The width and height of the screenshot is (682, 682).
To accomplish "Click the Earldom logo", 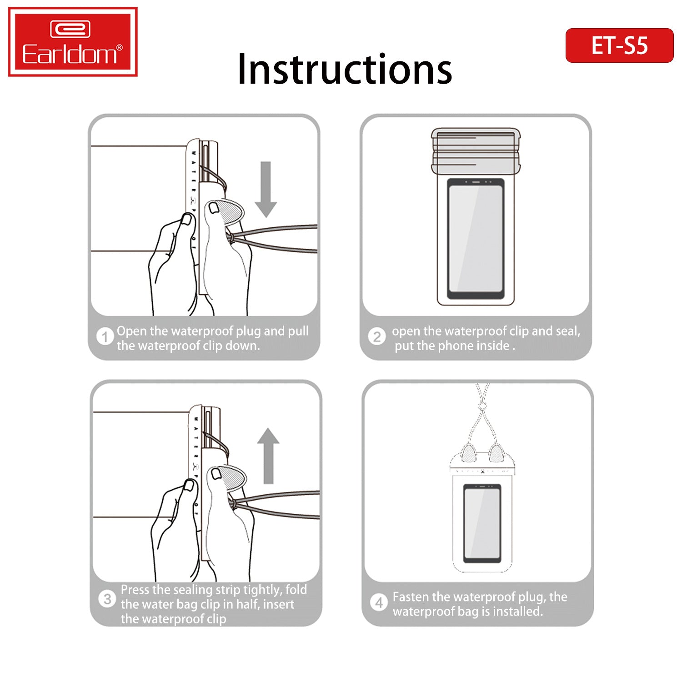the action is tap(73, 41).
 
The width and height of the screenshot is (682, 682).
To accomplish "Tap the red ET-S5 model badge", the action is tap(619, 45).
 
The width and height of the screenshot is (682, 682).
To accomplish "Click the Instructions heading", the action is tap(345, 69).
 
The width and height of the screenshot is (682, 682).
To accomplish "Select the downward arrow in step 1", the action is tap(266, 189).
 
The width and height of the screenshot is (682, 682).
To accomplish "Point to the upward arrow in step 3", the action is tap(268, 456).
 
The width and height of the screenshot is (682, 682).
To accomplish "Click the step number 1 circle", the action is tap(105, 337).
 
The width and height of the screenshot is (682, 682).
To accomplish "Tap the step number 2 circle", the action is tap(377, 337).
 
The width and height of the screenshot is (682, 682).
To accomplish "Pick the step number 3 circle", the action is tap(107, 599).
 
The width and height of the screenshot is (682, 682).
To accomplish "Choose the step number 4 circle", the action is tap(379, 603).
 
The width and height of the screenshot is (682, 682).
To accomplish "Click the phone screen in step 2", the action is tap(476, 238).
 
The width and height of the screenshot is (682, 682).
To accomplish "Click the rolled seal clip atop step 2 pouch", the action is tap(476, 151).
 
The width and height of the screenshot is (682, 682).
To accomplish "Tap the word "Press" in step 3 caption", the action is tap(135, 590).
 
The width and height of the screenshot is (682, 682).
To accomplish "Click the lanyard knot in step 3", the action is tap(234, 503).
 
